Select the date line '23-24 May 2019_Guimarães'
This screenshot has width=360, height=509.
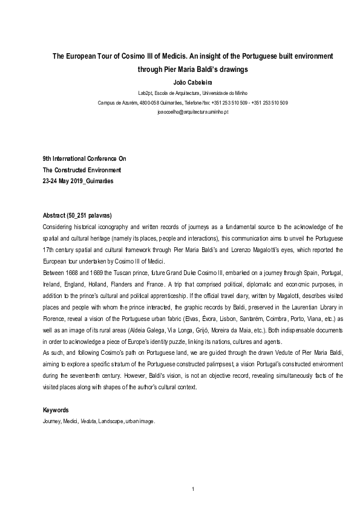pyautogui.click(x=77, y=181)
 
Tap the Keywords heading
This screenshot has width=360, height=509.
pyautogui.click(x=56, y=410)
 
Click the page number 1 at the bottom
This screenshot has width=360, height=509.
pyautogui.click(x=192, y=489)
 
